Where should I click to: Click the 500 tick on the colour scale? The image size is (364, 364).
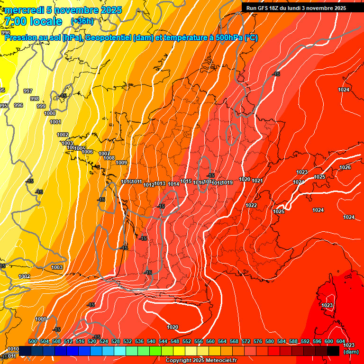click(33, 341)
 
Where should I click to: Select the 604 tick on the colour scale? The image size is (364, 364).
click(341, 341)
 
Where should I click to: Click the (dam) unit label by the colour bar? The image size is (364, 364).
click(351, 352)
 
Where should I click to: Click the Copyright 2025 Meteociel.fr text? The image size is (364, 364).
click(201, 361)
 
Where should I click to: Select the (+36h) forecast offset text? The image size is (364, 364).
click(82, 21)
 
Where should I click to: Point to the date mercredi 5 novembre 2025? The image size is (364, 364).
click(64, 10)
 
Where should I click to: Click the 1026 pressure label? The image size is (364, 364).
click(345, 167)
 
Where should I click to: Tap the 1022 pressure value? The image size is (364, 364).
click(251, 205)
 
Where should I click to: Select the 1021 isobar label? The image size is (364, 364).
click(257, 181)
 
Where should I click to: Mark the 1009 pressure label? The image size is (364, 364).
click(121, 163)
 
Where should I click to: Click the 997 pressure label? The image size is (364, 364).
click(28, 91)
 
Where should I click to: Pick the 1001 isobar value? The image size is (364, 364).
click(55, 122)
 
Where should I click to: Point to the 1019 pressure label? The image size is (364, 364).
click(227, 183)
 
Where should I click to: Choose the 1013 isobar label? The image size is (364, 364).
click(160, 184)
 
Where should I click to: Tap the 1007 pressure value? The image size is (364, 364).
click(104, 154)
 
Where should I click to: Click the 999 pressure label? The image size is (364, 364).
click(41, 106)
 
